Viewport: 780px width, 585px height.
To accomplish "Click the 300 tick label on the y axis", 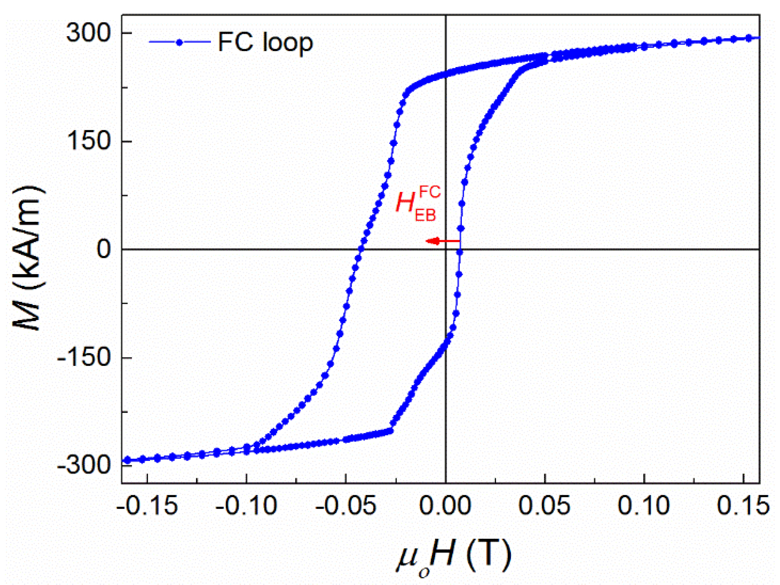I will [x=89, y=33].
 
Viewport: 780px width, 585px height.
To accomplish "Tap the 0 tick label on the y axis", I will [x=104, y=249].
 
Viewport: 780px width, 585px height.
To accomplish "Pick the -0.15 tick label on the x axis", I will [x=147, y=506].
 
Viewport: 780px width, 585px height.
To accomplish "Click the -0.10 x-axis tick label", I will [x=246, y=506].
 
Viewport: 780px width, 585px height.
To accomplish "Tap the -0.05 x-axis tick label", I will [x=346, y=506].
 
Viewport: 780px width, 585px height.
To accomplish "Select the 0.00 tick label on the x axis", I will [x=445, y=506].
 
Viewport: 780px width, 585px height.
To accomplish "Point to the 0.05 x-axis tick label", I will [x=544, y=506].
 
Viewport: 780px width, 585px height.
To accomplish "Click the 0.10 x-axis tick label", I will [x=644, y=506].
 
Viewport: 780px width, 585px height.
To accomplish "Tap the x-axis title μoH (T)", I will [x=454, y=556].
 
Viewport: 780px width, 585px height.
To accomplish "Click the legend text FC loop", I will [x=265, y=42].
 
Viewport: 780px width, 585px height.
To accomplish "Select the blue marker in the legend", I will [x=179, y=42].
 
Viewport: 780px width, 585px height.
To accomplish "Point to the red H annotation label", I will [x=405, y=203].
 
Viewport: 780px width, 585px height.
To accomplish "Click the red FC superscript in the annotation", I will [x=430, y=192].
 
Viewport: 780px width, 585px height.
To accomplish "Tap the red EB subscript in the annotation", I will [x=425, y=215].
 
